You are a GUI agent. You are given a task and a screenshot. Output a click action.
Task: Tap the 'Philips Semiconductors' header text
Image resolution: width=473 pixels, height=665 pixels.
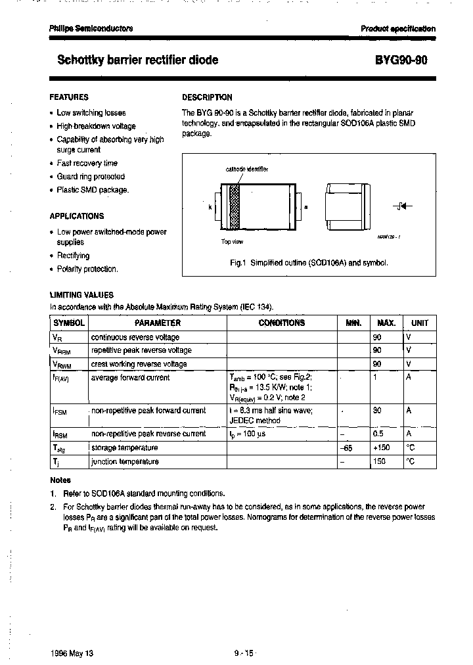point(91,28)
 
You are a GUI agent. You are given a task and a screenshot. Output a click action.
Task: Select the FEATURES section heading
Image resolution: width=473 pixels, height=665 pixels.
point(69,97)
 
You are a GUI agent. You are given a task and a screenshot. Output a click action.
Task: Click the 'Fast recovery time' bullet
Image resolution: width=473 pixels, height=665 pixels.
point(87,163)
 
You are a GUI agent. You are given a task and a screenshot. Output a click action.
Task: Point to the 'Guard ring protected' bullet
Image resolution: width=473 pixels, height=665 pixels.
point(90,176)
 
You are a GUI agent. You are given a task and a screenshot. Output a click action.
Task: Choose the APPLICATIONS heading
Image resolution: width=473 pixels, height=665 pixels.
point(76,216)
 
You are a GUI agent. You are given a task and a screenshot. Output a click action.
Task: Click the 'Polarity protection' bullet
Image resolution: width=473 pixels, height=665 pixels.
point(87,269)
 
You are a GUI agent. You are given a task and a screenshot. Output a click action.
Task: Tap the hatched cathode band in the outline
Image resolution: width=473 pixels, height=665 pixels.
point(233,206)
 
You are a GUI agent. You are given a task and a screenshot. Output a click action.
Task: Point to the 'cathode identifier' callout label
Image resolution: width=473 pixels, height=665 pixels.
point(246,169)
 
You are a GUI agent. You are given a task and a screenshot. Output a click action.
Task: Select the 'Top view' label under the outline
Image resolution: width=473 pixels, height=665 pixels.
point(231,241)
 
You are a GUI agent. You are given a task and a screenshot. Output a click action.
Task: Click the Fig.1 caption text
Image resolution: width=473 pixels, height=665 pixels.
point(309,263)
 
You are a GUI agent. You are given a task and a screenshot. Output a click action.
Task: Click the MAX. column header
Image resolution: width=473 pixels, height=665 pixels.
point(386,323)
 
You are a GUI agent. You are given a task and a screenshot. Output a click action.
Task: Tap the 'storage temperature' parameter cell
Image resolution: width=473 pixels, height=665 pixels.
point(124,447)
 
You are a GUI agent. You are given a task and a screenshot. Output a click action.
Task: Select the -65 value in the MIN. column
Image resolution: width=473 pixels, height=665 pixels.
point(348,447)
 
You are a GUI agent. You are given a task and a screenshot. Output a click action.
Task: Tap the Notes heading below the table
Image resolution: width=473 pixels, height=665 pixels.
point(60,480)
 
